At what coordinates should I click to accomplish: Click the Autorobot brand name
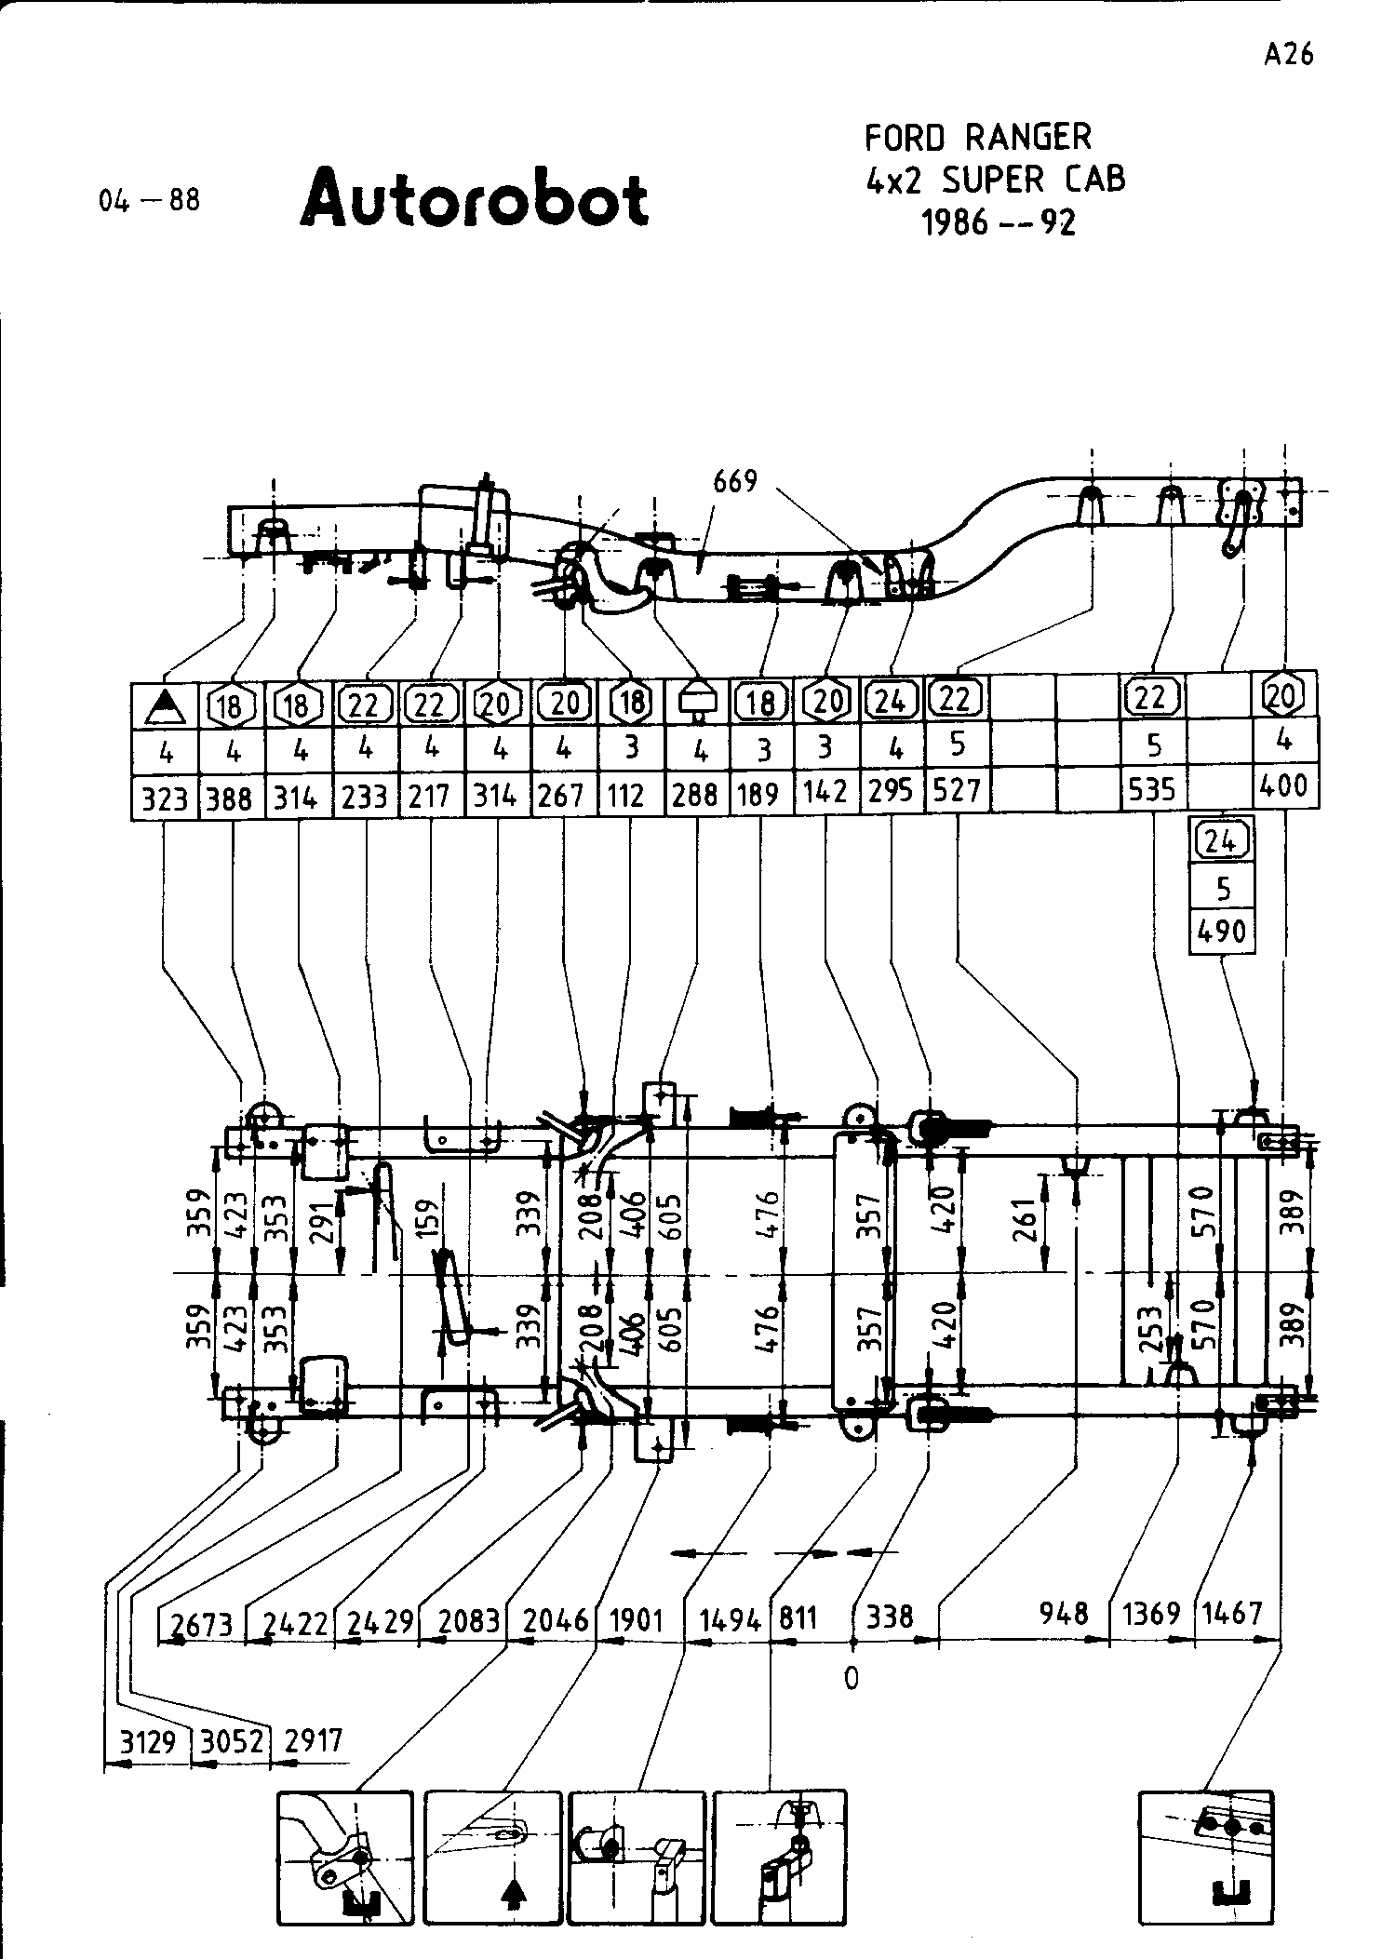pos(474,198)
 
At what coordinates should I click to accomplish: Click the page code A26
pos(1289,55)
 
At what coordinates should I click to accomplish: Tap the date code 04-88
pos(150,200)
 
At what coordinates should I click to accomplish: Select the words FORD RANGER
pos(977,138)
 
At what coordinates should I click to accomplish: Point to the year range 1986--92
pos(998,222)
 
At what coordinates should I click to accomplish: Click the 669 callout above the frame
pos(735,481)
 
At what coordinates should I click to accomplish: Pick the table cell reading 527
pos(957,790)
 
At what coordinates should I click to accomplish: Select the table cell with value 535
pos(1153,790)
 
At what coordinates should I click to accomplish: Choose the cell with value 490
pos(1222,931)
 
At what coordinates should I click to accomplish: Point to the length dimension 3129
pos(149,1740)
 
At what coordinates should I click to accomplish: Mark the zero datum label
pos(851,1678)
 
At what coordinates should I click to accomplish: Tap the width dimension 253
pos(1150,1330)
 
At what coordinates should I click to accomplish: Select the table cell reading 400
pos(1284,786)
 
